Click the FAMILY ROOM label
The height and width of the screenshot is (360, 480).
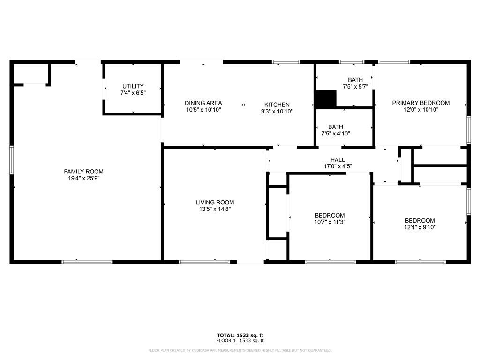coord(83,172)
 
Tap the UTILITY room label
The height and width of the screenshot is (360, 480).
coord(133,86)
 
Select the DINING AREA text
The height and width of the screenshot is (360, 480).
coord(203,103)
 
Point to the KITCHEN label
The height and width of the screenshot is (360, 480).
coord(277,105)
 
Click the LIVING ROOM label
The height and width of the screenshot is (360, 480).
coord(215,202)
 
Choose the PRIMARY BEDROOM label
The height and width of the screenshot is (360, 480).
coord(420,103)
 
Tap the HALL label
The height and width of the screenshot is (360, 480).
coord(337,160)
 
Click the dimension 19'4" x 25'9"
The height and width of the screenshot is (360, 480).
coord(83,179)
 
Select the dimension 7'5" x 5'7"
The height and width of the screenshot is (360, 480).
coord(355,87)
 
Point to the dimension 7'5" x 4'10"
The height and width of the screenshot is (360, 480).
coord(336,134)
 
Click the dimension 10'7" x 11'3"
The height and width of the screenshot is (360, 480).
coord(330,222)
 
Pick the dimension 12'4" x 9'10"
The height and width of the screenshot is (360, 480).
coord(420,227)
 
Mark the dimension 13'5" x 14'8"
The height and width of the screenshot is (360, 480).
coord(215,210)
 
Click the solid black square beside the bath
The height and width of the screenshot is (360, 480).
coord(326,99)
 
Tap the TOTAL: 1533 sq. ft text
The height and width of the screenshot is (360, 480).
coord(240,335)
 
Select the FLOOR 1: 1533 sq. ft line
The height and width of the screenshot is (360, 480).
coord(240,340)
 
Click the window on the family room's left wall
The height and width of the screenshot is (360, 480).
coord(12,160)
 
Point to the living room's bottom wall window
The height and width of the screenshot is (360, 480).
coord(204,262)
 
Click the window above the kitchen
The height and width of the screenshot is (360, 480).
coord(286,62)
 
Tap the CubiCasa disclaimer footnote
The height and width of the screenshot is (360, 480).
coord(240,350)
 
